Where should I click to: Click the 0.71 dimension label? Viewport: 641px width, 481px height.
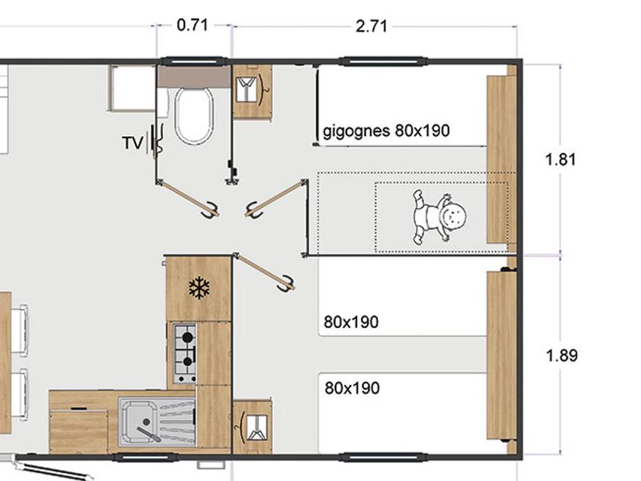tap(192, 26)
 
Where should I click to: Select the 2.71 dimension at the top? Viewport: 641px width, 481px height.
tap(371, 26)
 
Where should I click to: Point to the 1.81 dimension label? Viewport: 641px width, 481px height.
tap(561, 159)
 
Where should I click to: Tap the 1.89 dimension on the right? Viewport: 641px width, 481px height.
tap(562, 356)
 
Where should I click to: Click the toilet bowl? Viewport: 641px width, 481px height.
tap(194, 115)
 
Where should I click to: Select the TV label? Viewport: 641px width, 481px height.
tap(133, 143)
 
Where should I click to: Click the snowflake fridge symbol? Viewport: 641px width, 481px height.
tap(199, 288)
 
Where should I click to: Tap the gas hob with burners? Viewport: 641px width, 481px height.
tap(185, 353)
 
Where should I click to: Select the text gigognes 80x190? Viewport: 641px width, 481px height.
tap(386, 131)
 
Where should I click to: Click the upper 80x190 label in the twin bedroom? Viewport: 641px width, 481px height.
tap(351, 322)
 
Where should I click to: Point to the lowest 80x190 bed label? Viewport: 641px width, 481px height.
tap(352, 388)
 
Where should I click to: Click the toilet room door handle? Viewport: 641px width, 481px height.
tap(212, 209)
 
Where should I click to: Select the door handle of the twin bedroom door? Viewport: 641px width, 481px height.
tap(286, 284)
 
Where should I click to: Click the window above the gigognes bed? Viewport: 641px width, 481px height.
tap(385, 62)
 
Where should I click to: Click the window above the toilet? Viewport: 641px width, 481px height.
tap(194, 62)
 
